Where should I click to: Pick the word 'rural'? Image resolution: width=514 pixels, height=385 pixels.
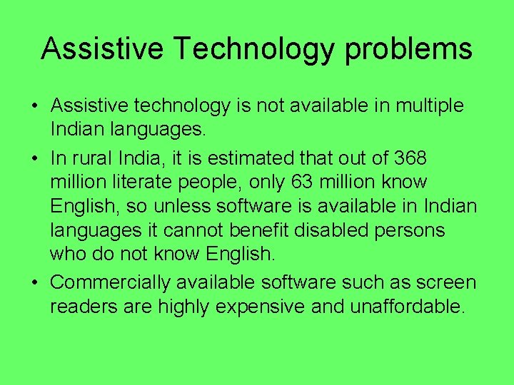tap(96, 156)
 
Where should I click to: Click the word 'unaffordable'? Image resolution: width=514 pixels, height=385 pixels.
tap(407, 307)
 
